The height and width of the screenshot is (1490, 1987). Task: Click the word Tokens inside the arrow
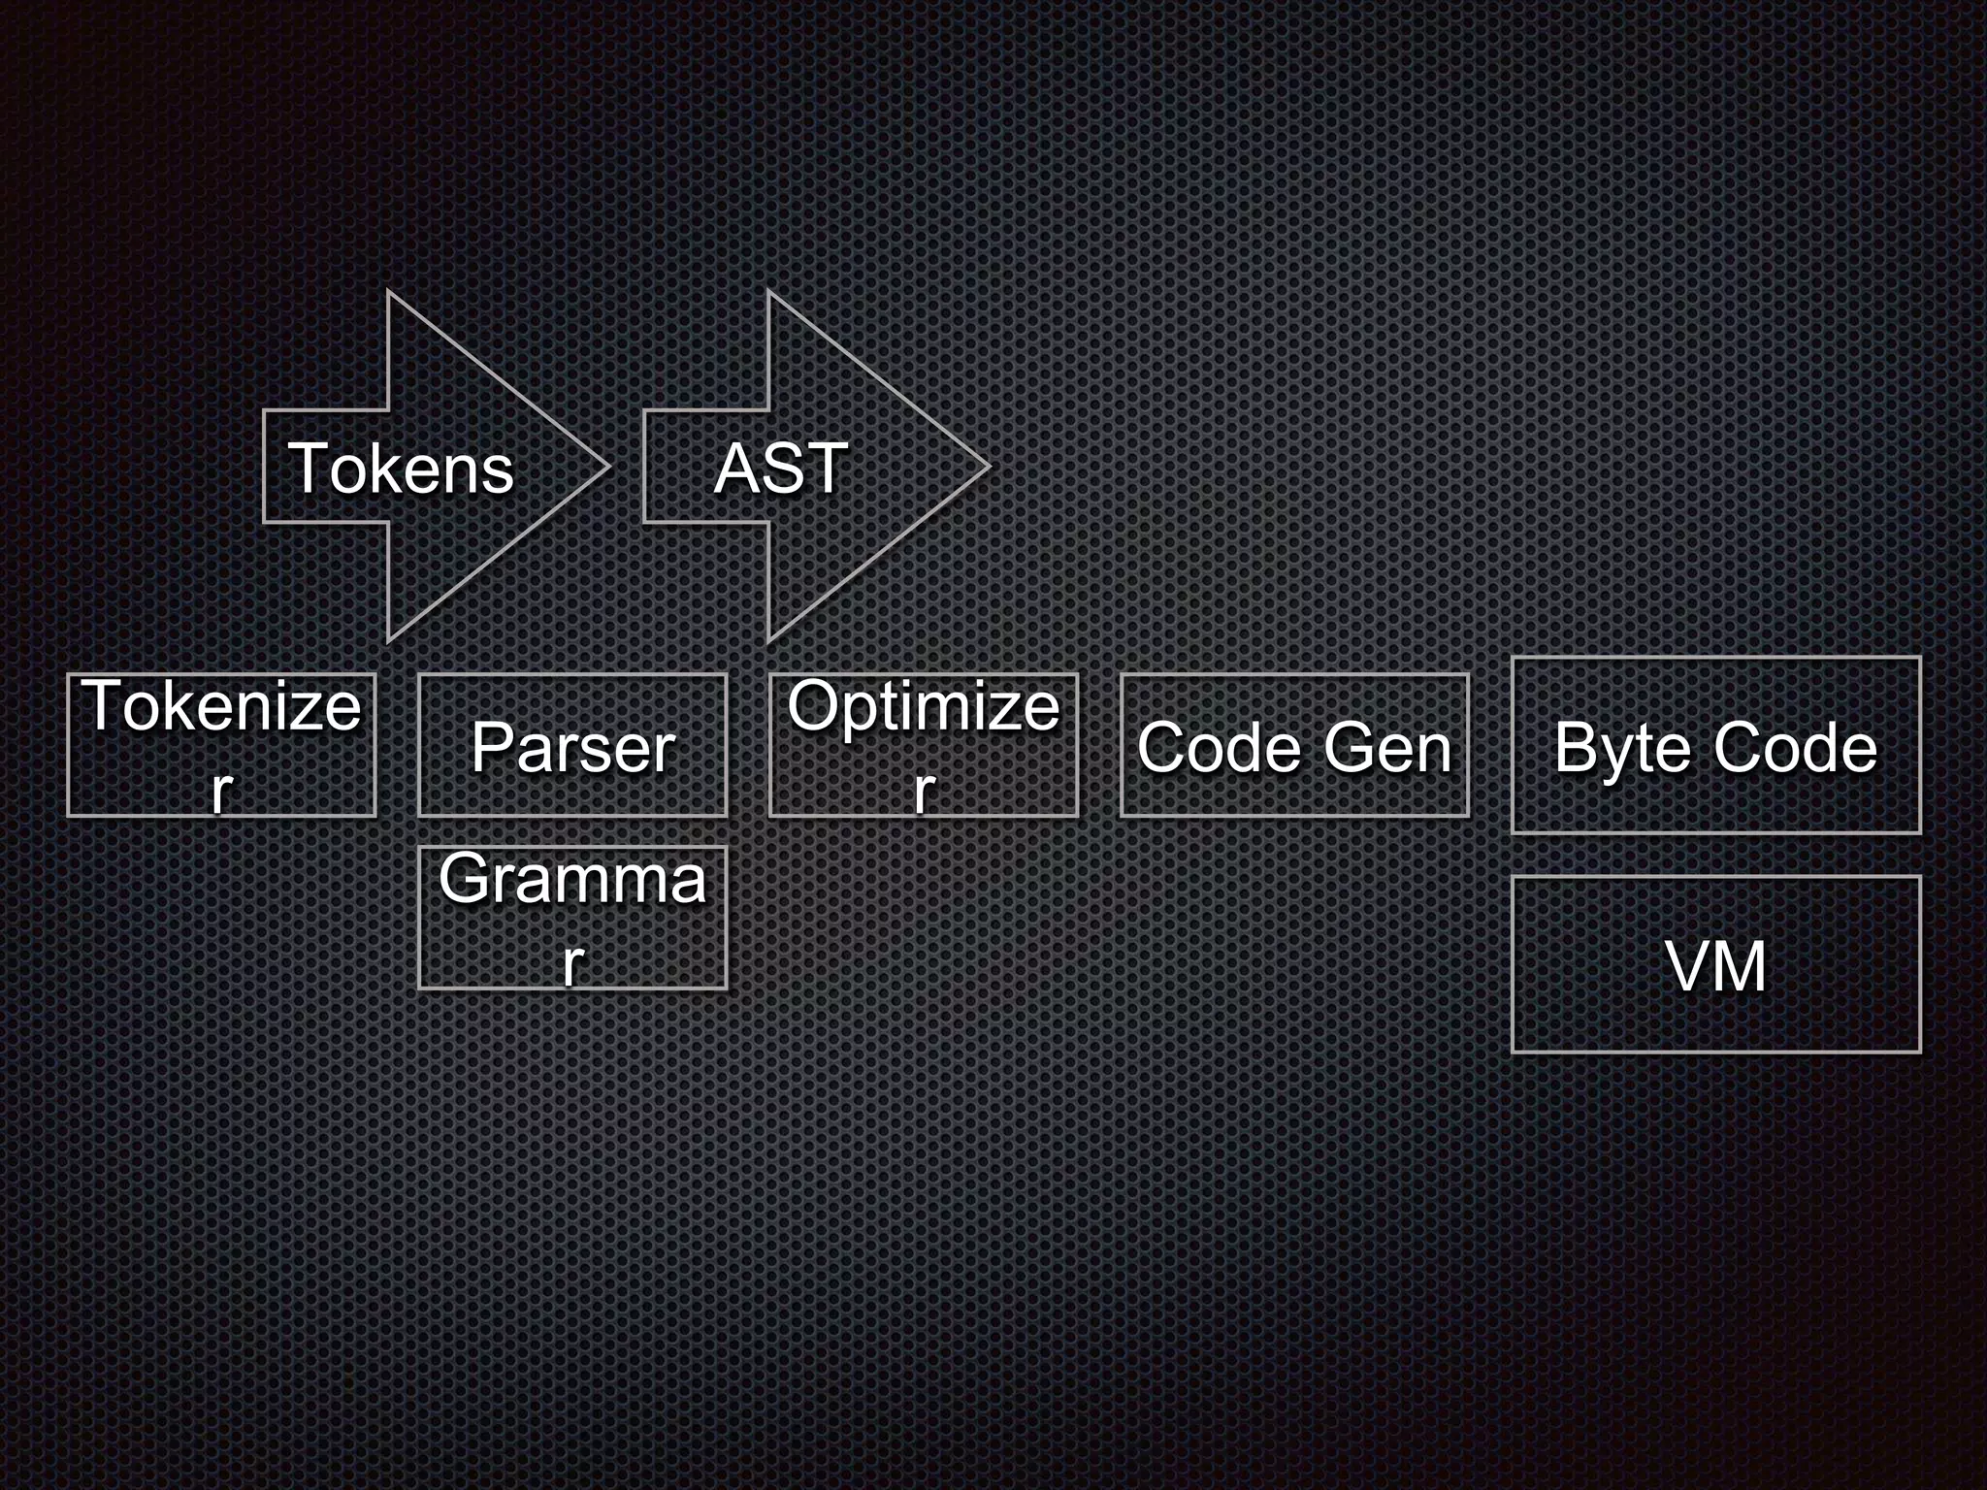[x=401, y=469]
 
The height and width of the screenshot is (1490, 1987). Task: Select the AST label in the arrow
[x=781, y=469]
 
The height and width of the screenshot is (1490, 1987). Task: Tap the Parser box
[x=572, y=745]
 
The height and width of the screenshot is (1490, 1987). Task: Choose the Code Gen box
[x=1294, y=745]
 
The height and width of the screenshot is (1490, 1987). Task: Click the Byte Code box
[x=1715, y=745]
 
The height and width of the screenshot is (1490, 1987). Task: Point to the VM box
[x=1715, y=964]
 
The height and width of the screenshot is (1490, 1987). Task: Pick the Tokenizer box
[x=221, y=745]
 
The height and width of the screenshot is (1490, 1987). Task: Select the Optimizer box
[x=923, y=745]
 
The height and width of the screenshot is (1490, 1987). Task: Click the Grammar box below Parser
[x=572, y=918]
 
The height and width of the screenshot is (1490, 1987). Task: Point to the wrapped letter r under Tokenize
[x=221, y=790]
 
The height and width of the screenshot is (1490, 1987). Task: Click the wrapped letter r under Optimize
[x=923, y=790]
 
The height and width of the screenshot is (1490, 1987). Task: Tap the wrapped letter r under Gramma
[x=572, y=962]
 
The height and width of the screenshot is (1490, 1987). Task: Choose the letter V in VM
[x=1688, y=966]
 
